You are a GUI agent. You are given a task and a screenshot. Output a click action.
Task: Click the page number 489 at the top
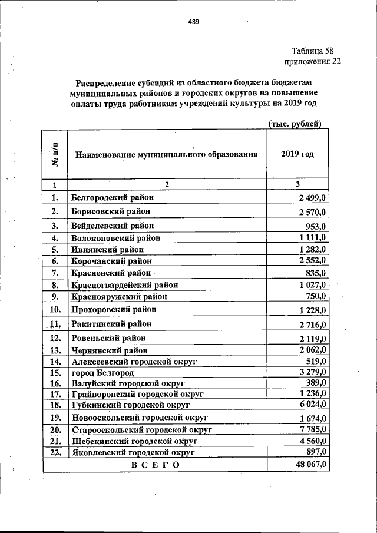click(x=194, y=22)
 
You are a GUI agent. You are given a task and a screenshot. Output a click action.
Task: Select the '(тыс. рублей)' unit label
click(x=295, y=124)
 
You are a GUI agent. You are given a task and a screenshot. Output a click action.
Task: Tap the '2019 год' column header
click(x=297, y=154)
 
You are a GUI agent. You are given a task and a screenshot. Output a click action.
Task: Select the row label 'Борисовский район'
click(x=110, y=211)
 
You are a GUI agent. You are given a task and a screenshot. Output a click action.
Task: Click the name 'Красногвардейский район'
click(x=124, y=285)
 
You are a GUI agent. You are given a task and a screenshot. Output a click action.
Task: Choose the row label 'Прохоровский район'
click(x=114, y=309)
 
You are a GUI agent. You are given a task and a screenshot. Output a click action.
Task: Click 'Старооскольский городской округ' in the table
click(x=141, y=430)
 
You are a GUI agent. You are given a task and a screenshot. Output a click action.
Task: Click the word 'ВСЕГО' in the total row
click(x=154, y=465)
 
